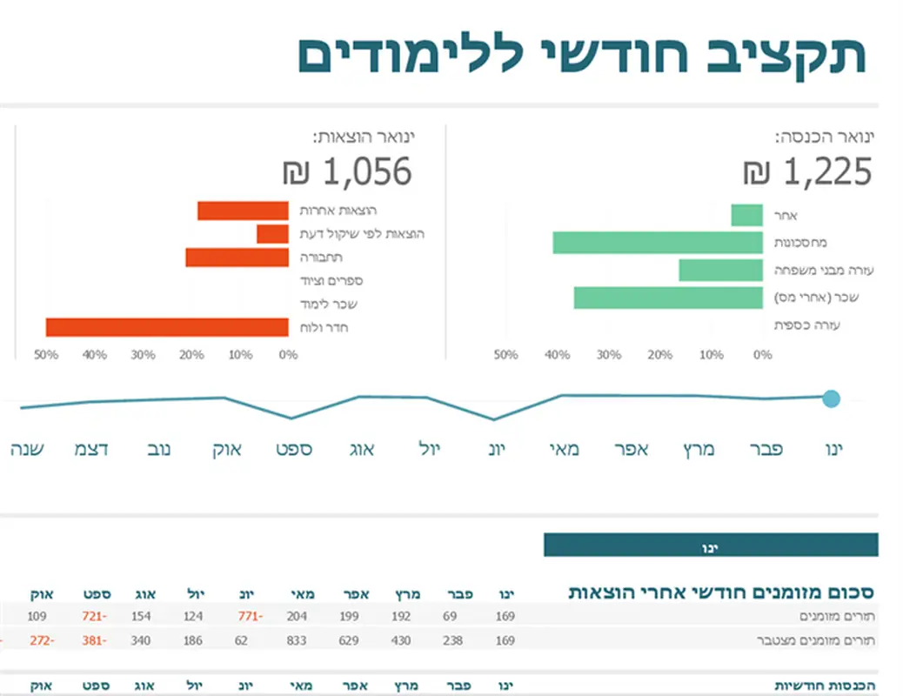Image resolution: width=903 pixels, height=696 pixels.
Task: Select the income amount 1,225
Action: point(827,172)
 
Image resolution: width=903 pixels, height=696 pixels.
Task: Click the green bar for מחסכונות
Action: point(658,243)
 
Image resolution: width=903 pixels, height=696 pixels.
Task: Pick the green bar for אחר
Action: point(746,215)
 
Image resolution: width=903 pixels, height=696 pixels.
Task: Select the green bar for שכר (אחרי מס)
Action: point(668,298)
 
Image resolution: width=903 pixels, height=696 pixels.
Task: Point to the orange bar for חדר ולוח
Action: point(167,327)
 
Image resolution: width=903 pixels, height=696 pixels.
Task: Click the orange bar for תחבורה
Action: point(237,258)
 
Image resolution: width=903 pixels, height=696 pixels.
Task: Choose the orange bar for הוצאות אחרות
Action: point(243,211)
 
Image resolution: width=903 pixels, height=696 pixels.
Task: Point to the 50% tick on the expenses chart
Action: point(46,355)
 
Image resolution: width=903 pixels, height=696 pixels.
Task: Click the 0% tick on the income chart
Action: point(762,355)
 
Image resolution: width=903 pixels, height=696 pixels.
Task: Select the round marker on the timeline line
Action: point(831,398)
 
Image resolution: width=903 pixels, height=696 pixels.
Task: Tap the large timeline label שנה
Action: point(28,450)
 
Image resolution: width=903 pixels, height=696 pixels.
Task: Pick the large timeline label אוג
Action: point(361,450)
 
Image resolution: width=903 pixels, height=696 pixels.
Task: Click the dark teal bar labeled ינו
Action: point(710,545)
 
